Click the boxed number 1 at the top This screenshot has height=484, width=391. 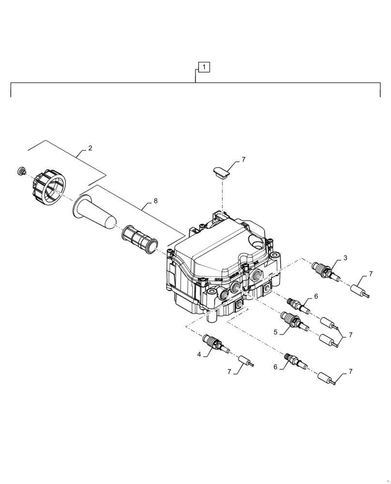[x=204, y=67]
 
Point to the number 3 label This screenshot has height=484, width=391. [x=345, y=258]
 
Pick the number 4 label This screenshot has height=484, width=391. [x=199, y=354]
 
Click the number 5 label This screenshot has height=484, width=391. [x=276, y=333]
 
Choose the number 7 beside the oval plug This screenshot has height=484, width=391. [x=243, y=159]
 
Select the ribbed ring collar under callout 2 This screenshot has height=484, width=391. [x=49, y=187]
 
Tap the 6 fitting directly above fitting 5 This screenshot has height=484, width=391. [x=296, y=304]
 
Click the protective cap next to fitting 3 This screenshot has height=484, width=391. [x=360, y=291]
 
